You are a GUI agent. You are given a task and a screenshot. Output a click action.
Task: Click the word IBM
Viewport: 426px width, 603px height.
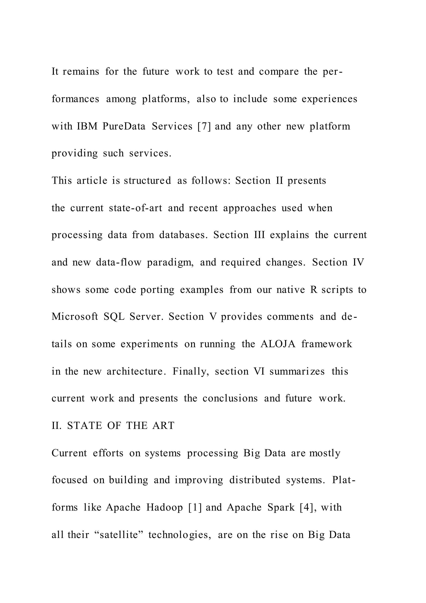[87, 126]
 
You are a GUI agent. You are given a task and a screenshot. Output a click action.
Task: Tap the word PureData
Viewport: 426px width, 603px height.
[124, 126]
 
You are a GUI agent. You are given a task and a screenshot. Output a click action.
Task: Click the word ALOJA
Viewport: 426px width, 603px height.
[278, 344]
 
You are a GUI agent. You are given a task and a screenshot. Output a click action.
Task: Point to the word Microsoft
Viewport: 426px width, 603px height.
[75, 316]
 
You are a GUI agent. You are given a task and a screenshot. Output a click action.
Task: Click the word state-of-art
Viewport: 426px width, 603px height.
[136, 208]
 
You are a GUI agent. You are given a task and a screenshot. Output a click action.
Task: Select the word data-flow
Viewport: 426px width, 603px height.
[119, 262]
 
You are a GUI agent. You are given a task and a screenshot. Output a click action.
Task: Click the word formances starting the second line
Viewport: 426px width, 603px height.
[75, 99]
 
